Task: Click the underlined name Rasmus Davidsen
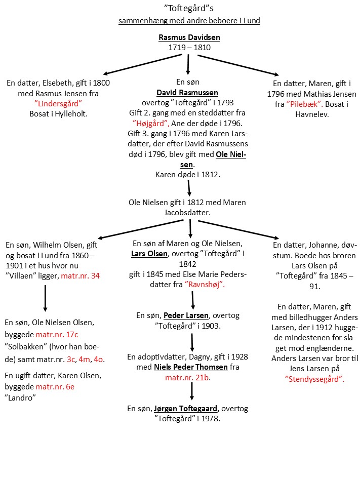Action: tap(189, 37)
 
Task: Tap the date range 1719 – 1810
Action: tap(189, 47)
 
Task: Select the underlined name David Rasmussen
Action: tap(187, 93)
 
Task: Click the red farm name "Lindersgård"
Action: tap(58, 104)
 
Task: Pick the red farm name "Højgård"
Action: tap(150, 124)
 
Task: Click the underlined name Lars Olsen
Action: tap(149, 254)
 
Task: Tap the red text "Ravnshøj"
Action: tap(204, 285)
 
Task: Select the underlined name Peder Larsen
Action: tap(186, 315)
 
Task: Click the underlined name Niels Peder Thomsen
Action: tap(191, 367)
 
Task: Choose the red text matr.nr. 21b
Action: tap(187, 378)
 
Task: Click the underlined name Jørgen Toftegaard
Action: tap(186, 409)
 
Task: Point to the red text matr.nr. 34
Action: tap(80, 276)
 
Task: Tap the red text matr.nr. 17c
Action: tap(57, 334)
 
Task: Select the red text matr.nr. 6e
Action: tap(55, 387)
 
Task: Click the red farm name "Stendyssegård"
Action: tap(314, 379)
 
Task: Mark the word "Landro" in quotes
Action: tap(20, 398)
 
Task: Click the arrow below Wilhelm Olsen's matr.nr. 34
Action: tap(45, 298)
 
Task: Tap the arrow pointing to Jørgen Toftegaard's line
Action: tap(192, 391)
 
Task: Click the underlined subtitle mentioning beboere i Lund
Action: tap(189, 21)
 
